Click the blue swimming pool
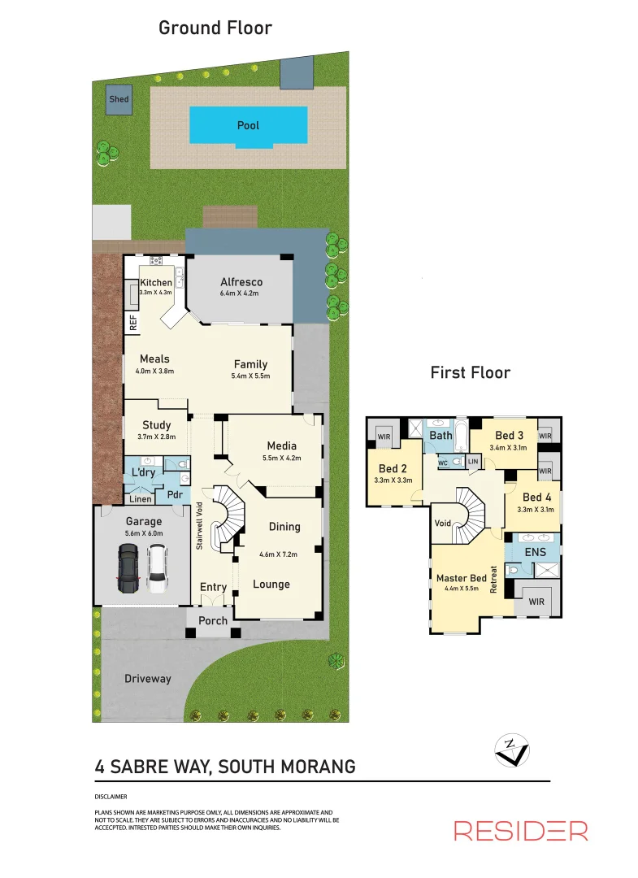[248, 126]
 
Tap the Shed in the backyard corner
[119, 99]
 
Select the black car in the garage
[128, 567]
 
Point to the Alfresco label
[241, 282]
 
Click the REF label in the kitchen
[132, 323]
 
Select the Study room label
[156, 424]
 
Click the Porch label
[213, 621]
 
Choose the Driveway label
[148, 678]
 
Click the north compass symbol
[512, 749]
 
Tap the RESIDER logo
[520, 830]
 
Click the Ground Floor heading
[215, 28]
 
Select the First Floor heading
[471, 372]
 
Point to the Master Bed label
[461, 578]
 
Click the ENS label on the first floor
[534, 553]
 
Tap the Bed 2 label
[393, 468]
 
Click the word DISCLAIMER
[111, 797]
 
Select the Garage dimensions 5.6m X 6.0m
[143, 533]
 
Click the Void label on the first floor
[444, 523]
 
